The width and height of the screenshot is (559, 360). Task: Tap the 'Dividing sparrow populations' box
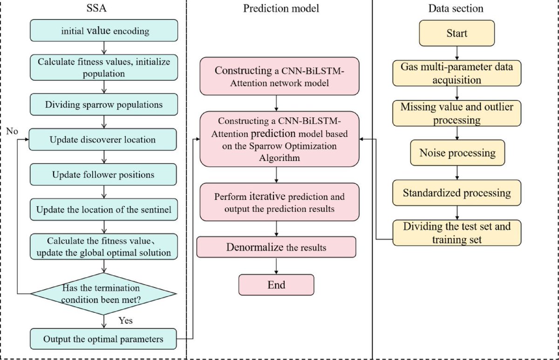(104, 104)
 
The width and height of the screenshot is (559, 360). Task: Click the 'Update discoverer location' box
(104, 139)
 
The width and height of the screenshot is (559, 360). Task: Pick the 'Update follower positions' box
(104, 175)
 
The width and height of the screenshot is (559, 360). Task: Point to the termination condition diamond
(104, 294)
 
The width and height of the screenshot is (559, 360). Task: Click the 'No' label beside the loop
(13, 131)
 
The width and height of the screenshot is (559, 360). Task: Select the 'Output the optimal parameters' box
(104, 339)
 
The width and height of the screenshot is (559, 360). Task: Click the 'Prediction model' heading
(280, 8)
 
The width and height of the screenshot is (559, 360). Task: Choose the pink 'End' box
(277, 285)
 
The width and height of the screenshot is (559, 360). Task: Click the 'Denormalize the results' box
(276, 247)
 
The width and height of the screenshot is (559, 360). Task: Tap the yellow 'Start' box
(457, 34)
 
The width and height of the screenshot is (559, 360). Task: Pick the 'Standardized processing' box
(457, 193)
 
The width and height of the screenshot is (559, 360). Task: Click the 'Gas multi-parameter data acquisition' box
(457, 73)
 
